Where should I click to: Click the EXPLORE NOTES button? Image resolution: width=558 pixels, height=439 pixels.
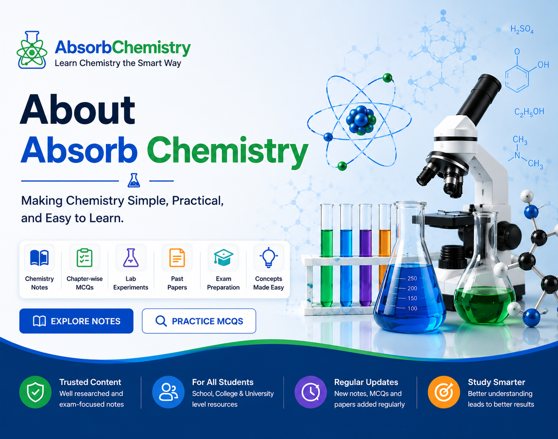tap(76, 321)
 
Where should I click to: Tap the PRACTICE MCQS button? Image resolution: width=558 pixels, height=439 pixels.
tap(199, 321)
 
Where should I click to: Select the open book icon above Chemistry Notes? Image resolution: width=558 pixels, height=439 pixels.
tap(39, 258)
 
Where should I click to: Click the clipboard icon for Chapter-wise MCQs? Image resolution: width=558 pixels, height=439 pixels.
tap(85, 258)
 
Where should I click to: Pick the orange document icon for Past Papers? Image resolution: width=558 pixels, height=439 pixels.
tap(177, 258)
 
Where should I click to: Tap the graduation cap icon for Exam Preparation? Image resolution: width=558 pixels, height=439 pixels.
tap(223, 258)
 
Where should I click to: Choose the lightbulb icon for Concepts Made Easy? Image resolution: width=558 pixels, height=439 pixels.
tap(269, 258)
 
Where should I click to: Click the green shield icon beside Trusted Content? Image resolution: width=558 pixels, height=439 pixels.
tap(35, 392)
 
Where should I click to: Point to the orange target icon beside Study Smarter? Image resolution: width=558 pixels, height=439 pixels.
tap(444, 392)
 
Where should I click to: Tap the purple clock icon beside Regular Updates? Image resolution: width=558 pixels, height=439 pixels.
tap(311, 392)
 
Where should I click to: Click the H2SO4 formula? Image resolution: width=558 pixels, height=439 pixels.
tap(522, 30)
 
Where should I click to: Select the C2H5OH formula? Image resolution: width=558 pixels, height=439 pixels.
tap(529, 112)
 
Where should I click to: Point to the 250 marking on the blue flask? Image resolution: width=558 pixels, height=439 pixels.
tap(412, 278)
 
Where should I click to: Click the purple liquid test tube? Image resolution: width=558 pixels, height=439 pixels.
tap(365, 255)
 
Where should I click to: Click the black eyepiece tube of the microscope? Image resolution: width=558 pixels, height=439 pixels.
tap(479, 96)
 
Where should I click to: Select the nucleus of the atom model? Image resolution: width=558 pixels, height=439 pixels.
tap(361, 120)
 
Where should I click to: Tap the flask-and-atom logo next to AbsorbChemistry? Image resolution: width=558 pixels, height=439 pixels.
tap(32, 50)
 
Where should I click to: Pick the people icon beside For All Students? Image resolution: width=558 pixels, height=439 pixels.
tap(168, 392)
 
